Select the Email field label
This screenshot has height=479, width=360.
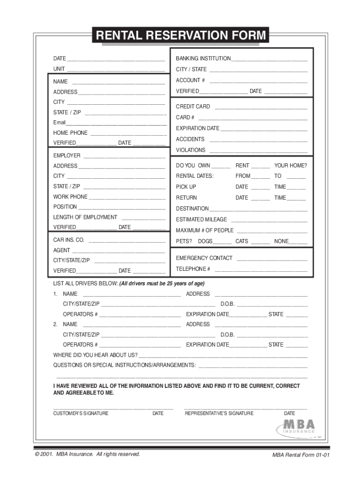click(x=59, y=123)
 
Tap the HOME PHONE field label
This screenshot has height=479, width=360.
click(x=70, y=133)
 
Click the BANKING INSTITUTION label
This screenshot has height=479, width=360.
click(x=203, y=58)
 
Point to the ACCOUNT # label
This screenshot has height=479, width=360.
click(x=190, y=80)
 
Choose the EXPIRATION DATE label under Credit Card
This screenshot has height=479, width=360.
click(x=197, y=128)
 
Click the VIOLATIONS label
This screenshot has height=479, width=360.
click(x=190, y=150)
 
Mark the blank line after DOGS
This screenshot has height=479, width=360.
click(x=223, y=242)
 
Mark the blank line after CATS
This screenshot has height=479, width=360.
click(x=260, y=242)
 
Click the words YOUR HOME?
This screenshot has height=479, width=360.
click(x=290, y=166)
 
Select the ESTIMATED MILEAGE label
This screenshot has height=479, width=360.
click(x=201, y=219)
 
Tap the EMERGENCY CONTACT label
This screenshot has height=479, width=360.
click(x=204, y=258)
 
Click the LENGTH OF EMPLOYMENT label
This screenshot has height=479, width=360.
click(x=85, y=217)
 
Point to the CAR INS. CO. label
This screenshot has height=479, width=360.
click(x=69, y=240)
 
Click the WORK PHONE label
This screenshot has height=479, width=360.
click(x=70, y=197)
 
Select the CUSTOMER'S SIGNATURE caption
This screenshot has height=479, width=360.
click(x=80, y=414)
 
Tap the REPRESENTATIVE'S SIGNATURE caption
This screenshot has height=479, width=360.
click(x=219, y=414)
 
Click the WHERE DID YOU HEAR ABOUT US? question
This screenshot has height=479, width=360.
click(x=95, y=355)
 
